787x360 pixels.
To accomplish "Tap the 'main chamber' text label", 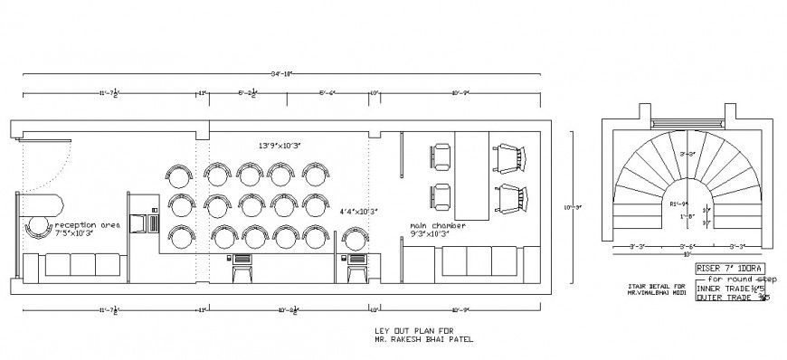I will pos(438,225).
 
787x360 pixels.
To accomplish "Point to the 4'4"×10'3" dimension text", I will pos(358,211).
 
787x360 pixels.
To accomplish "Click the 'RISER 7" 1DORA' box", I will pos(729,270).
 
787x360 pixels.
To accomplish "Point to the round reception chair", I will pos(39,227).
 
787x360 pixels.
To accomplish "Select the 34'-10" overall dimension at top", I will pos(282,72).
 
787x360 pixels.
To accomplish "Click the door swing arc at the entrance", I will pos(54,163).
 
